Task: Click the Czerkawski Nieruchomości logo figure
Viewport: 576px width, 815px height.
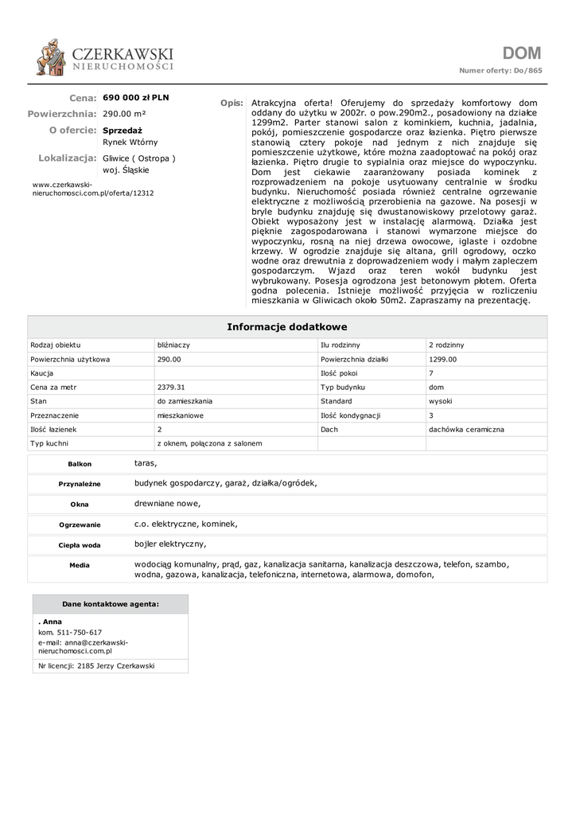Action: pos(52,59)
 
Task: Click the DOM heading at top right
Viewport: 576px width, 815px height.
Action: pos(522,53)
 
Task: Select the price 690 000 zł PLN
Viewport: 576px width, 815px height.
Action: pos(136,98)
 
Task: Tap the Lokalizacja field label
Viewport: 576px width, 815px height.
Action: pos(67,158)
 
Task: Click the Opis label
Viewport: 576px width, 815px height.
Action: pos(232,103)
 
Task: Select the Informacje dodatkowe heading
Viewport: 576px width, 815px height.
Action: pos(287,327)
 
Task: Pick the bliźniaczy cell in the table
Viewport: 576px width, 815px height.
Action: pos(173,345)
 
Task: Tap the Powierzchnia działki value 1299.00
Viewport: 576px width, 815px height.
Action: pos(442,360)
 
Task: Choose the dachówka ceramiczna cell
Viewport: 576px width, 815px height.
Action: pos(466,430)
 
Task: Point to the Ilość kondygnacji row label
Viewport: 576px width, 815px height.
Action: pos(351,415)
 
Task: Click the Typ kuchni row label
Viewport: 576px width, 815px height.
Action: pos(49,443)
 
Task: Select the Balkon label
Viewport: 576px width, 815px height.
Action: pos(80,464)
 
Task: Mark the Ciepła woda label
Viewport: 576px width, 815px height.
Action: pos(80,545)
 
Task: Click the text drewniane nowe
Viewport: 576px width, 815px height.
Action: pos(167,504)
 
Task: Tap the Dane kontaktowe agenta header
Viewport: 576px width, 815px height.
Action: pos(111,604)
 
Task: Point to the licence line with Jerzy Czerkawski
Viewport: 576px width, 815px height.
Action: pos(96,665)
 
